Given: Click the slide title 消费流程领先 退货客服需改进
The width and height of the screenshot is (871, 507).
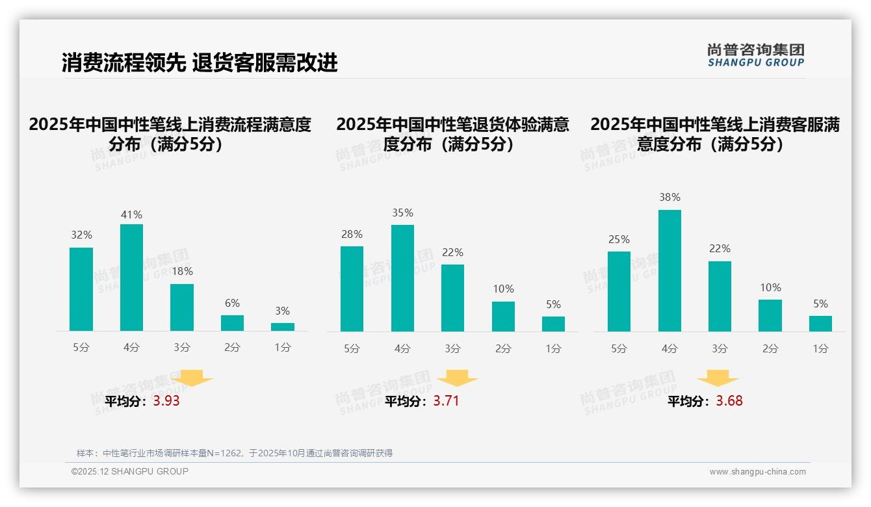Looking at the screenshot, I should point(200,63).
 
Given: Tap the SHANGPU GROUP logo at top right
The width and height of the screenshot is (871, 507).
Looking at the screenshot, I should point(755,55).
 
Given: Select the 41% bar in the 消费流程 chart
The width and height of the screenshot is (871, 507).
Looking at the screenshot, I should point(131,278).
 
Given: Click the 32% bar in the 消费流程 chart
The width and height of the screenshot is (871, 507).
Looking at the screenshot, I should point(81,289).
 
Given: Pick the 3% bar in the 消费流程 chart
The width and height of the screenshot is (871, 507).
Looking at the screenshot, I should point(283,327).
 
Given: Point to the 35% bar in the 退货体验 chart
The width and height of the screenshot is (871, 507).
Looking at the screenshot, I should point(402,278).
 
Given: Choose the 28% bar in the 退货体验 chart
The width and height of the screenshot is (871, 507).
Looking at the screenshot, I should point(352,289).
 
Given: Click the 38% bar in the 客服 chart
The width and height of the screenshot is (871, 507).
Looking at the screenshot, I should point(669,270).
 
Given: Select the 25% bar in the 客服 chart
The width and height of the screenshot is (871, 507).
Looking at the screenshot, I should point(619,291).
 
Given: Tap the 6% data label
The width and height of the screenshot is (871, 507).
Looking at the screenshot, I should point(232,303).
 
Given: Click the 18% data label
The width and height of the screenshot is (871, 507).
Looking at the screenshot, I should point(182,272).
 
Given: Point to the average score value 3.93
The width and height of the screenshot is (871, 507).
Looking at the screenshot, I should point(166,401).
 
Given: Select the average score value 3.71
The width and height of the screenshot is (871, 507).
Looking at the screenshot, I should point(446,401).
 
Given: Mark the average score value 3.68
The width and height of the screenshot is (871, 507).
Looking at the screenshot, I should point(729,401).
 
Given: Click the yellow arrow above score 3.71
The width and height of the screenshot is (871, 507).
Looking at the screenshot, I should point(457,378).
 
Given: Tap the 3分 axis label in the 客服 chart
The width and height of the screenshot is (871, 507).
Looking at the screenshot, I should point(720,348).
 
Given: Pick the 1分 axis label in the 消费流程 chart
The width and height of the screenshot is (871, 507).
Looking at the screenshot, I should point(283,348).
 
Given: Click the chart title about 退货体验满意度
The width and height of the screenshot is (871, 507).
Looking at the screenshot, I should point(452,134).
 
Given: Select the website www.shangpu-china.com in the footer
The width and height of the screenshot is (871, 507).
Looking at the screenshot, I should point(757,472).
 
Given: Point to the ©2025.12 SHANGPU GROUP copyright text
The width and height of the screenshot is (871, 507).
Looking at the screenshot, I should point(130,471).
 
